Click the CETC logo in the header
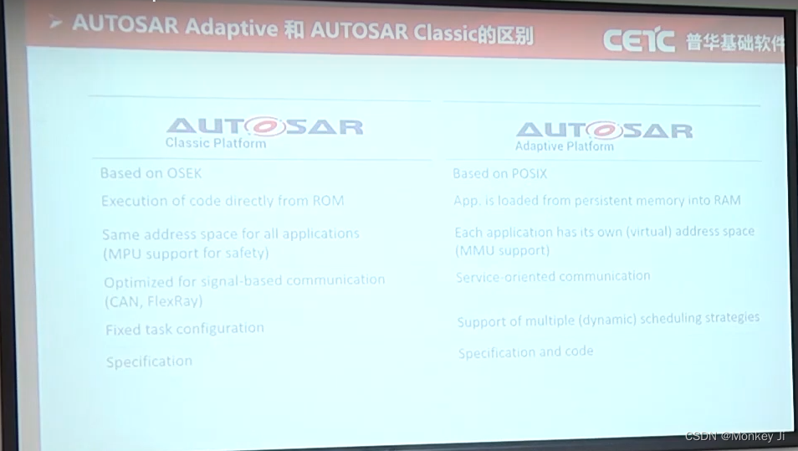click(637, 39)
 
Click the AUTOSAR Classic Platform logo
click(264, 131)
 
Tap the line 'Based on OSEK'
click(151, 173)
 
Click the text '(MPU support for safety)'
click(186, 253)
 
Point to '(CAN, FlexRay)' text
click(154, 300)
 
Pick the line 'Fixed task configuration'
click(184, 329)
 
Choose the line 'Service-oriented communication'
click(553, 276)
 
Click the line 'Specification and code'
click(525, 352)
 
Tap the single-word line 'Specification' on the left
click(149, 361)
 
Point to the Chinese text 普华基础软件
click(734, 42)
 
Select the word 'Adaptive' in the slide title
click(231, 27)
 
